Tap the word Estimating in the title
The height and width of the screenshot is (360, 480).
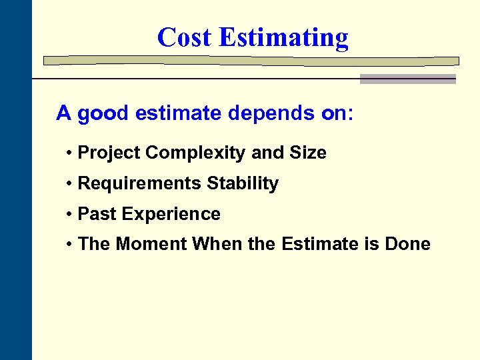283,39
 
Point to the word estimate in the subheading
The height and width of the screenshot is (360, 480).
178,113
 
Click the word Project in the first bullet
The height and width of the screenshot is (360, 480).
109,153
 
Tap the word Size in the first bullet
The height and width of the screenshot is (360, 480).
308,153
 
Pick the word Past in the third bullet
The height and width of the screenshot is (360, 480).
95,214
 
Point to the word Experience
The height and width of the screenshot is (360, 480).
168,215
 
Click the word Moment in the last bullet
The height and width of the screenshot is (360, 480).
151,244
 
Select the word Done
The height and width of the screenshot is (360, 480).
407,244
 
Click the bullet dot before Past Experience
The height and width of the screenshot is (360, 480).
70,215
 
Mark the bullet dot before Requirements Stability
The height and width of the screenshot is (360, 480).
70,184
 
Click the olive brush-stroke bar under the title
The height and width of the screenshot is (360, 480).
251,61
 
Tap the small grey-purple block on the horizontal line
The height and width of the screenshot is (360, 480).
407,79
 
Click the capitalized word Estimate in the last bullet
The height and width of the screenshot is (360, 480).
321,244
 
